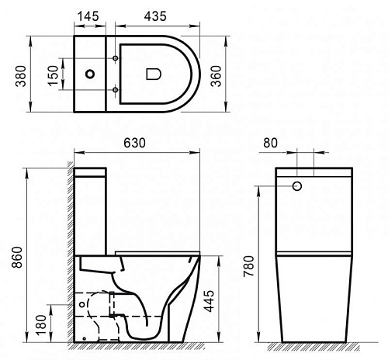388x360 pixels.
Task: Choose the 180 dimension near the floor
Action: coord(40,322)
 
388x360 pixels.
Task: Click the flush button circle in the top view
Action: coord(91,74)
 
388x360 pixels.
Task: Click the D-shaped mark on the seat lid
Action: coord(152,74)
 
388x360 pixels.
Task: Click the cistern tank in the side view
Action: coord(92,209)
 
